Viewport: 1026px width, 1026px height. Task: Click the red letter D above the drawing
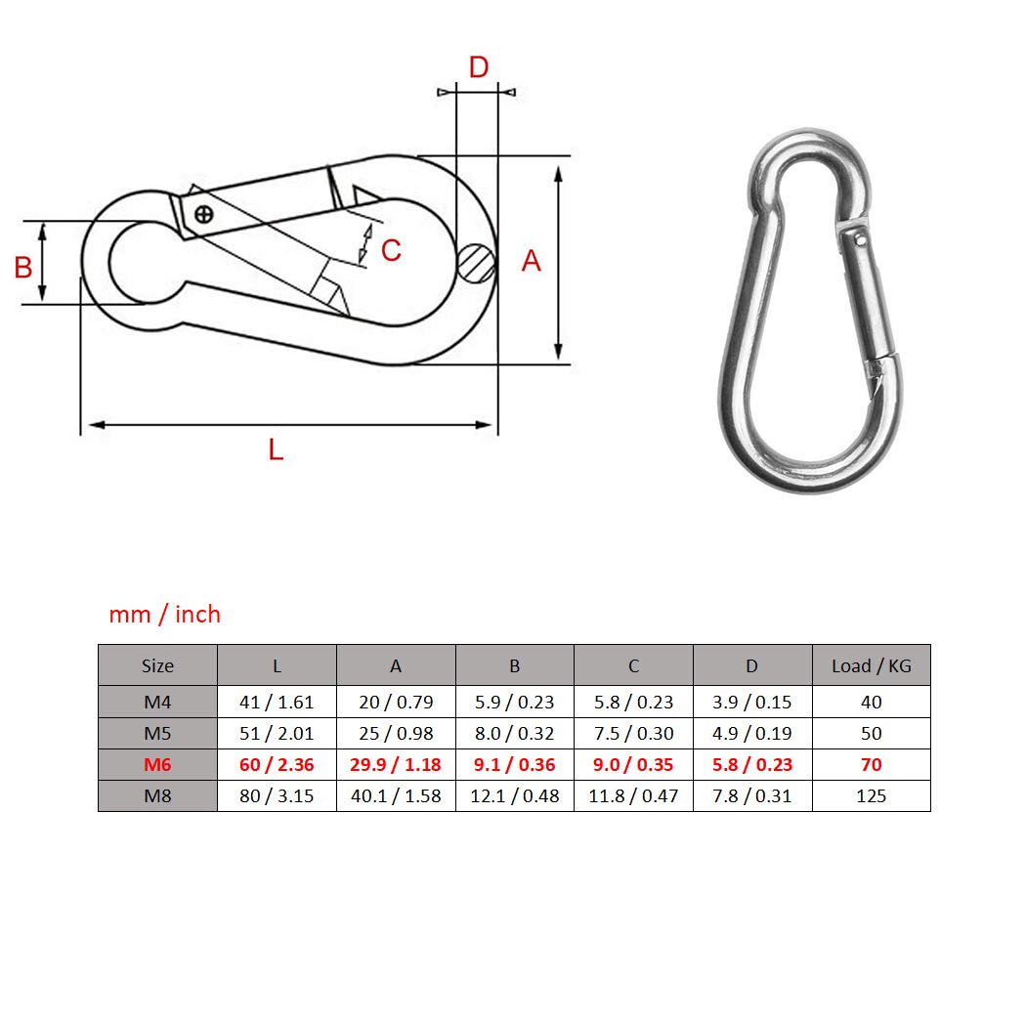[x=479, y=67]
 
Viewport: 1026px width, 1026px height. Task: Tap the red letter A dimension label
[x=532, y=261]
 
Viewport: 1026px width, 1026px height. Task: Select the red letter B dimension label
[x=23, y=268]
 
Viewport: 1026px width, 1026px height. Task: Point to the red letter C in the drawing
[x=391, y=250]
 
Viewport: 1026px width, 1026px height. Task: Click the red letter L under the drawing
[x=277, y=449]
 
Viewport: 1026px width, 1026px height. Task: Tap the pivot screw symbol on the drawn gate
[x=204, y=214]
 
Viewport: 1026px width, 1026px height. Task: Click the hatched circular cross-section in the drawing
[x=477, y=263]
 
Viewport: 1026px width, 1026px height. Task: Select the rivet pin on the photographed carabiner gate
[x=861, y=240]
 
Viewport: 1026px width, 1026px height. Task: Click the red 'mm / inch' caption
[x=165, y=615]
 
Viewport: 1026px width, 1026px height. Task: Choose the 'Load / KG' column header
[x=871, y=665]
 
